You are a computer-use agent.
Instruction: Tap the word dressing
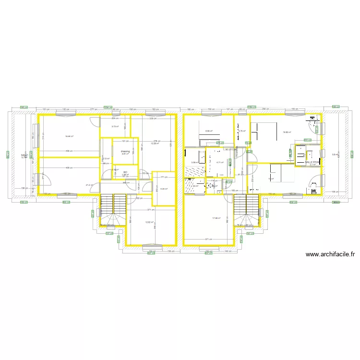tap(125, 151)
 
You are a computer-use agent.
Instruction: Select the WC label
tap(125, 172)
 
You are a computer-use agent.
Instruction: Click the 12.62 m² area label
tap(149, 222)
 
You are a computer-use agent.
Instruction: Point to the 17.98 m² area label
tap(216, 218)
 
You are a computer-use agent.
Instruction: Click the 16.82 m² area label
tap(287, 132)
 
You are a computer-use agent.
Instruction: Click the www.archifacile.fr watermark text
tap(330, 255)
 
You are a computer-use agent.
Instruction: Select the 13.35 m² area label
tap(155, 143)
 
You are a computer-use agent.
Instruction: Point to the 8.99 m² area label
tap(209, 131)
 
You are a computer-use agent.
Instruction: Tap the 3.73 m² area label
tap(115, 126)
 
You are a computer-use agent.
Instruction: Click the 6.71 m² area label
tap(220, 162)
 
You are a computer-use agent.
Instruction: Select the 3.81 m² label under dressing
tap(125, 154)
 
